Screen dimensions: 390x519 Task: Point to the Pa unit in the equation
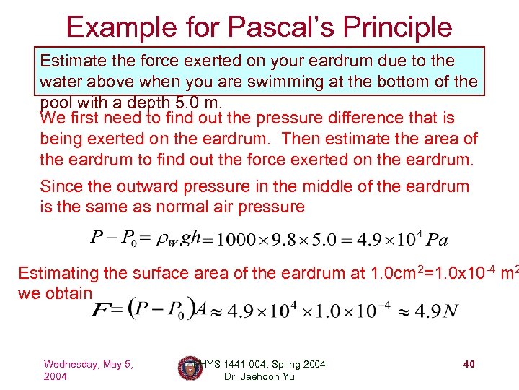point(437,240)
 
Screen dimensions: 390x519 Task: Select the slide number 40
point(469,365)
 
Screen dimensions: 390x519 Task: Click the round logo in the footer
point(189,368)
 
